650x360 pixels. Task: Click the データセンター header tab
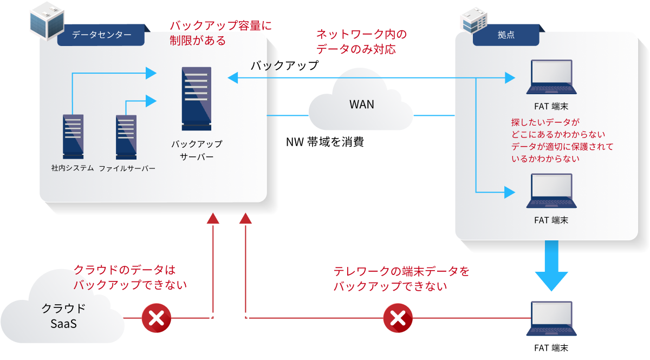102,35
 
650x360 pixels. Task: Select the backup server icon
197,99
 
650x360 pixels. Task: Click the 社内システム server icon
73,136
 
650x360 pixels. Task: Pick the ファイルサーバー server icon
126,136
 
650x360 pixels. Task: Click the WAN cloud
361,104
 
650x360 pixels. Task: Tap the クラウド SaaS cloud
62,314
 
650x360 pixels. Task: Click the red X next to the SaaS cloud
156,318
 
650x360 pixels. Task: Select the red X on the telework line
398,318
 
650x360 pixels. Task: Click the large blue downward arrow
551,265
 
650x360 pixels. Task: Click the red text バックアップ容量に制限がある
219,33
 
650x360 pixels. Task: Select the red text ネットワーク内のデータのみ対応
361,42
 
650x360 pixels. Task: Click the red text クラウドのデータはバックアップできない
130,277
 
